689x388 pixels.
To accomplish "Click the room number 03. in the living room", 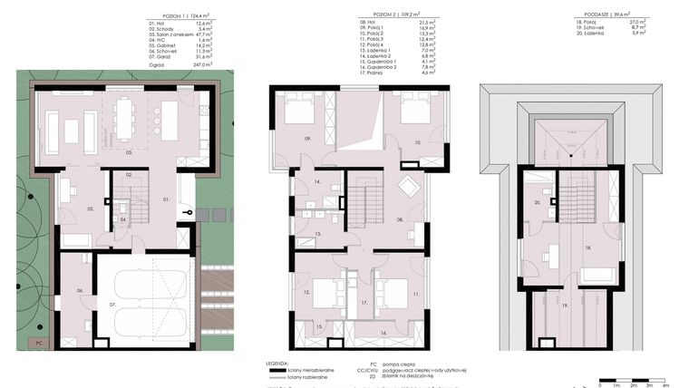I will pyautogui.click(x=129, y=153).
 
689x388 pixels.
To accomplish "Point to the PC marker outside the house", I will pyautogui.click(x=38, y=344).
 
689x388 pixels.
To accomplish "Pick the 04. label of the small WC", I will pyautogui.click(x=123, y=219).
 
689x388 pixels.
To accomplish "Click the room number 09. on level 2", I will pyautogui.click(x=308, y=139).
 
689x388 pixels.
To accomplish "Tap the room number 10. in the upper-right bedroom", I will pyautogui.click(x=418, y=143).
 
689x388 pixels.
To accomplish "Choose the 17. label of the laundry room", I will pyautogui.click(x=363, y=301).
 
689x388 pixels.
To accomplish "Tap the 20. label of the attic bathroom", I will pyautogui.click(x=537, y=203).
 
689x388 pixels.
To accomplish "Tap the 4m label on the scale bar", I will pyautogui.click(x=665, y=384).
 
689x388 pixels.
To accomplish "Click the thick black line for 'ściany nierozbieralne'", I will pyautogui.click(x=286, y=371).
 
